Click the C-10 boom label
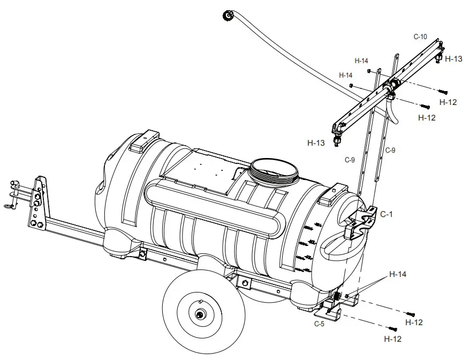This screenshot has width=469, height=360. (420, 37)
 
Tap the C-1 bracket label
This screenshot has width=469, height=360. (387, 214)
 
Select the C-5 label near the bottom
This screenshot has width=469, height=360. (319, 324)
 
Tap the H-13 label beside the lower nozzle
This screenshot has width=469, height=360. (316, 143)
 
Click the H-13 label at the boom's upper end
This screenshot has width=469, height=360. (453, 59)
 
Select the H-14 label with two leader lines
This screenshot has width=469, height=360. (398, 274)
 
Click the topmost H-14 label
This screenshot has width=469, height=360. (361, 61)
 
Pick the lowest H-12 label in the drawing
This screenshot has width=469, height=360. (393, 339)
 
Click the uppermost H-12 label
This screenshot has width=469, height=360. (448, 101)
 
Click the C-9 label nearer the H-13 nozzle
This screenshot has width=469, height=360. (350, 159)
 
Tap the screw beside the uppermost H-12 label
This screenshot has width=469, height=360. (443, 92)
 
